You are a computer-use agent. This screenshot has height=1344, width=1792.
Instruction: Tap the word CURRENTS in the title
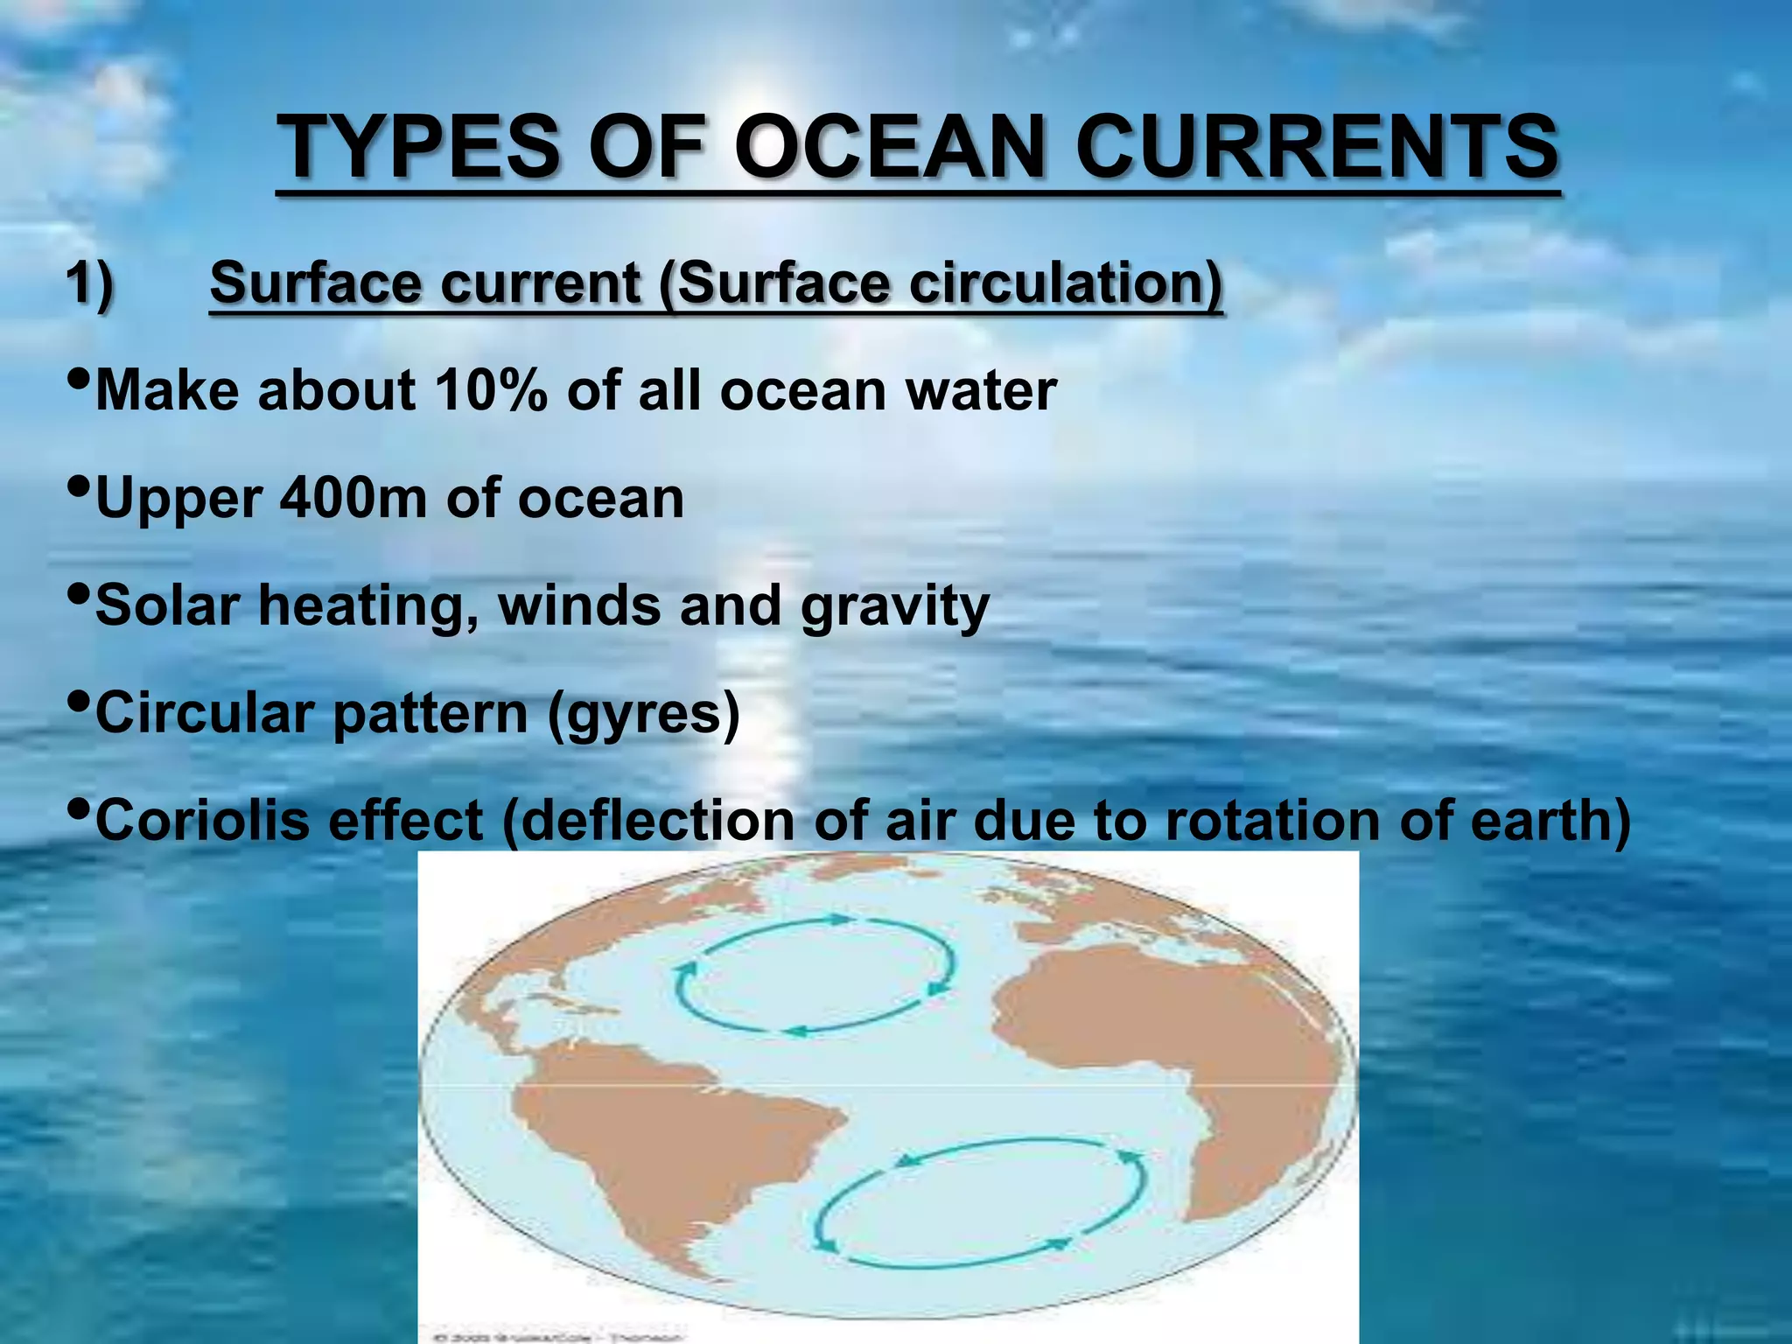coord(1317,146)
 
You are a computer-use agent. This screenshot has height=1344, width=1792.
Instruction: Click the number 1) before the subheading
coord(90,284)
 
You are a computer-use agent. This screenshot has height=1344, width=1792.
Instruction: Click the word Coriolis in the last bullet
coord(201,821)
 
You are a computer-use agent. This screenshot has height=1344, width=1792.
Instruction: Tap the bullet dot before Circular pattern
coord(78,701)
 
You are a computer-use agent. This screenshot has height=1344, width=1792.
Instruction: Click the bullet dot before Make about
coord(78,379)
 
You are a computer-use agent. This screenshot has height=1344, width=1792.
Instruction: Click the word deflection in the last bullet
coord(648,821)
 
